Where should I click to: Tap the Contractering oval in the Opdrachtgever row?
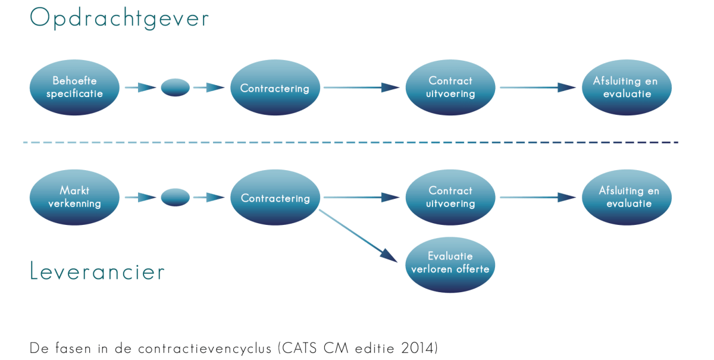pyautogui.click(x=275, y=88)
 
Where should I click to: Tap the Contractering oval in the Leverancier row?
pyautogui.click(x=275, y=198)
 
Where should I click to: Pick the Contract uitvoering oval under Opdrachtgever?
pyautogui.click(x=450, y=87)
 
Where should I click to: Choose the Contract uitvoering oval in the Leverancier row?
pyautogui.click(x=450, y=197)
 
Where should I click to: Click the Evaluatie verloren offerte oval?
pyautogui.click(x=450, y=262)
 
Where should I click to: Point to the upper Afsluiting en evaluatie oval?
pyautogui.click(x=626, y=87)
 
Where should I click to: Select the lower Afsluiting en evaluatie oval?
pyautogui.click(x=626, y=197)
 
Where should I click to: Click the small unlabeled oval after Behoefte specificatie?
pyautogui.click(x=176, y=88)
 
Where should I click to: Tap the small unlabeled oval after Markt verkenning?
pyautogui.click(x=176, y=197)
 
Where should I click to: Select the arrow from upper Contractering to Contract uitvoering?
pyautogui.click(x=362, y=88)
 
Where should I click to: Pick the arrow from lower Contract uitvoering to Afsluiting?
pyautogui.click(x=538, y=197)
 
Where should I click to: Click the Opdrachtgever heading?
pyautogui.click(x=119, y=18)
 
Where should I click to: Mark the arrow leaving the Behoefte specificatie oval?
pyautogui.click(x=140, y=88)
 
